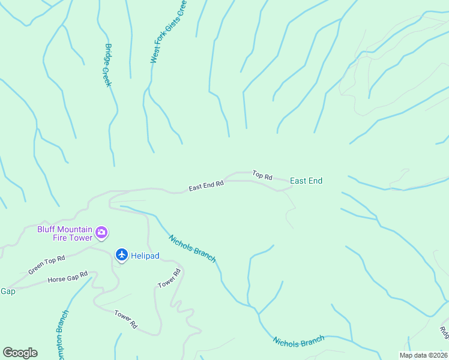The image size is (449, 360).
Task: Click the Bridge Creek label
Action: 108,65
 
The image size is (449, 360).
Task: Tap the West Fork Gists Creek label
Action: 168,32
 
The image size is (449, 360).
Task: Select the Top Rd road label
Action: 262,176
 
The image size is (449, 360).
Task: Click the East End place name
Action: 306,181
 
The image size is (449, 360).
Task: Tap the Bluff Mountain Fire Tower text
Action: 65,233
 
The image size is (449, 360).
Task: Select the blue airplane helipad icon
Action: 122,255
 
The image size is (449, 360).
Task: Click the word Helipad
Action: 145,256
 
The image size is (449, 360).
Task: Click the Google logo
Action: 20,353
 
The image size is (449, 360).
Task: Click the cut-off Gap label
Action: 7,291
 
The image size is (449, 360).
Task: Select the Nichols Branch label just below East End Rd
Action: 192,248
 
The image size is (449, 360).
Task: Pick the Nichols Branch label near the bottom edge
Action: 298,341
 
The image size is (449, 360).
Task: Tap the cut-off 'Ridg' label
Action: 444,333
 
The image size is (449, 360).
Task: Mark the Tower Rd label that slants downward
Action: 126,319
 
